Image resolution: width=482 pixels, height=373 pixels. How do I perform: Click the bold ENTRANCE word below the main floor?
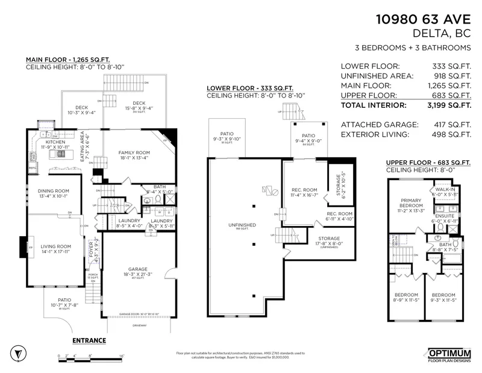pos(89,340)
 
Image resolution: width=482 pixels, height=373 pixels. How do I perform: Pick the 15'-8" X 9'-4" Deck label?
pos(139,106)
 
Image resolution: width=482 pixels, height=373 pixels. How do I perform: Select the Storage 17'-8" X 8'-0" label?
pos(328,241)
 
